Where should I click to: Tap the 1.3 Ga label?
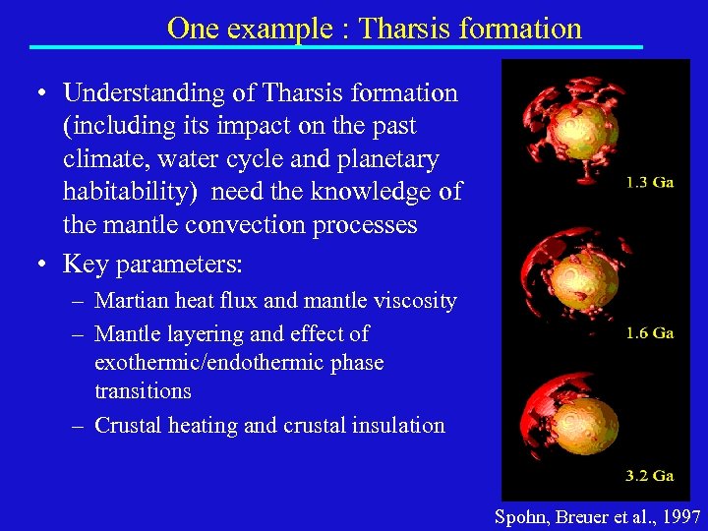click(650, 183)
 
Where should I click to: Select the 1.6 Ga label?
click(650, 333)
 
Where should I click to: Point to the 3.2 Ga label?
click(650, 476)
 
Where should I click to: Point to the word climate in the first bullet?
click(104, 159)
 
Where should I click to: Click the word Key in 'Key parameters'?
click(84, 265)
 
